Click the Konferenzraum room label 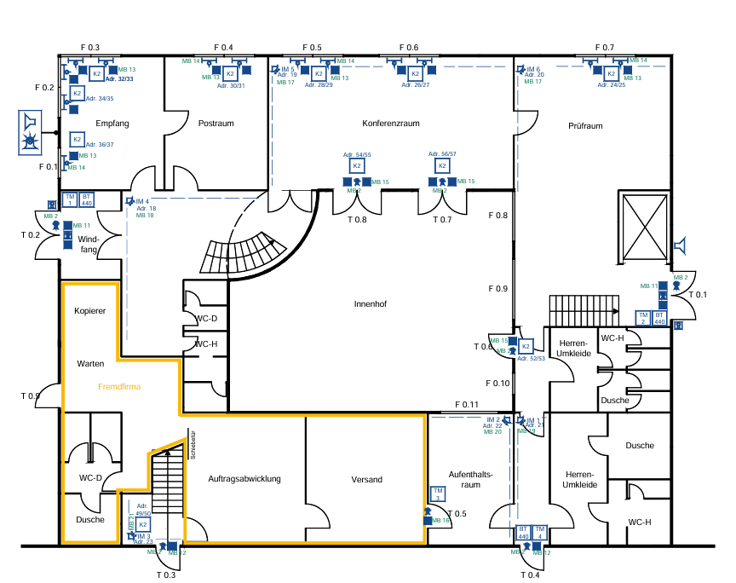point(391,124)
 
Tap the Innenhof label point(371,303)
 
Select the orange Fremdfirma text point(119,386)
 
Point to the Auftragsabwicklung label point(244,479)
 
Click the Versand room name point(367,479)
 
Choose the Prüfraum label point(585,125)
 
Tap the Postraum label point(216,124)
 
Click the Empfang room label point(112,124)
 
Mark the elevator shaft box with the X point(645,228)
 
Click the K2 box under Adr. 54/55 point(357,165)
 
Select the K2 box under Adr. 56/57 point(442,165)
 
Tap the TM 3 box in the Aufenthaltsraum point(437,494)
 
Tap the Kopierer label point(89,311)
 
